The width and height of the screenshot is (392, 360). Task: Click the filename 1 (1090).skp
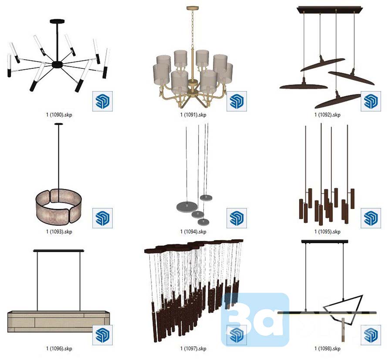coord(59,115)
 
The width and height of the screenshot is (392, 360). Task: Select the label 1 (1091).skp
coord(193,115)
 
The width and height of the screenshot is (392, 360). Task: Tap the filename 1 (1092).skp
coord(327,115)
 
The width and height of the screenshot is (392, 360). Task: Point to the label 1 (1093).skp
coord(59,232)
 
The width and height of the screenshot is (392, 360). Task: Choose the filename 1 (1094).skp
coord(193,232)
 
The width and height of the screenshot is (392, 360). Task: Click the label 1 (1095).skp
coord(327,232)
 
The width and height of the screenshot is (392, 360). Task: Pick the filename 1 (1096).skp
coord(59,349)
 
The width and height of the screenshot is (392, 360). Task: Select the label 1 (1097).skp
coord(193,349)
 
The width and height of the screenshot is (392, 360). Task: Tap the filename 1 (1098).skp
coord(327,349)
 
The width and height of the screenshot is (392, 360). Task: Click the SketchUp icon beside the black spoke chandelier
coord(102,101)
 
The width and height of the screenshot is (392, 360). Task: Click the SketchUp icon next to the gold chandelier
coord(237,101)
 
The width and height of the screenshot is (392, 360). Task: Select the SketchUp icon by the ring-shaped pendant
coord(102,218)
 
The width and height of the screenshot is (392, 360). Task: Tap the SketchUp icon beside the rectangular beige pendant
coord(102,335)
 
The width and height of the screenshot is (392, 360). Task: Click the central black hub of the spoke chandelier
coord(57,65)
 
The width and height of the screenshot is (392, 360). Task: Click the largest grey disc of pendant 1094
coord(187,207)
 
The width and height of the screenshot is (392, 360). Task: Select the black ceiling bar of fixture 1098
coord(324,241)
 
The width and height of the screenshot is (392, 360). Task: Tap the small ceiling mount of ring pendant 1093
coord(58,124)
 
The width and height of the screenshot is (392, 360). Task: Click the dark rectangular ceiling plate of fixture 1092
coord(330,10)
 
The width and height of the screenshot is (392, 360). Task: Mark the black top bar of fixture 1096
coord(58,251)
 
